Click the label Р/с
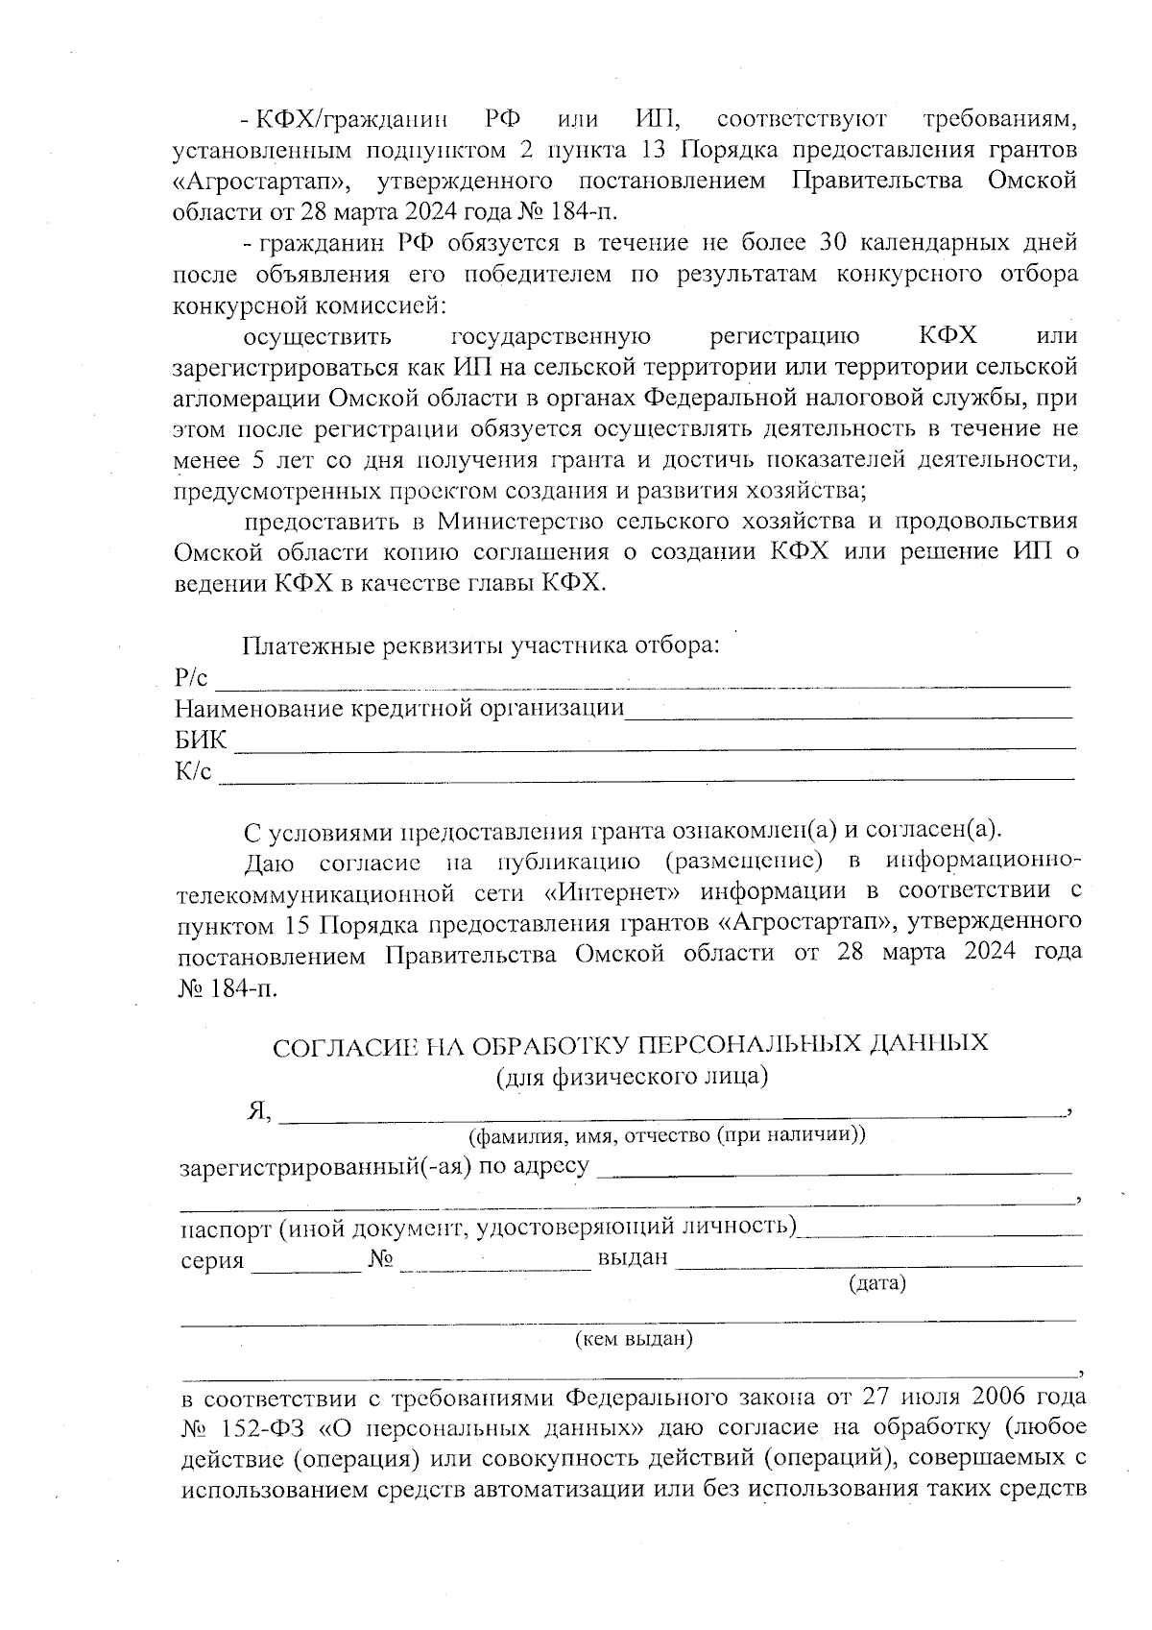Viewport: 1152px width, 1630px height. (x=191, y=678)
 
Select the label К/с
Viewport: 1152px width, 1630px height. (x=193, y=772)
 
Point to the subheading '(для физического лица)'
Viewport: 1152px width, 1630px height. (x=632, y=1076)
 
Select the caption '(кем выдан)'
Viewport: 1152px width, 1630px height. (x=633, y=1338)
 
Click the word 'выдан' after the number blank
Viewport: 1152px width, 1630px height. (x=632, y=1257)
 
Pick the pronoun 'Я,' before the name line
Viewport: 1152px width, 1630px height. (x=258, y=1111)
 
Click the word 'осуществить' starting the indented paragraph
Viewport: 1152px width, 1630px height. (x=318, y=337)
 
